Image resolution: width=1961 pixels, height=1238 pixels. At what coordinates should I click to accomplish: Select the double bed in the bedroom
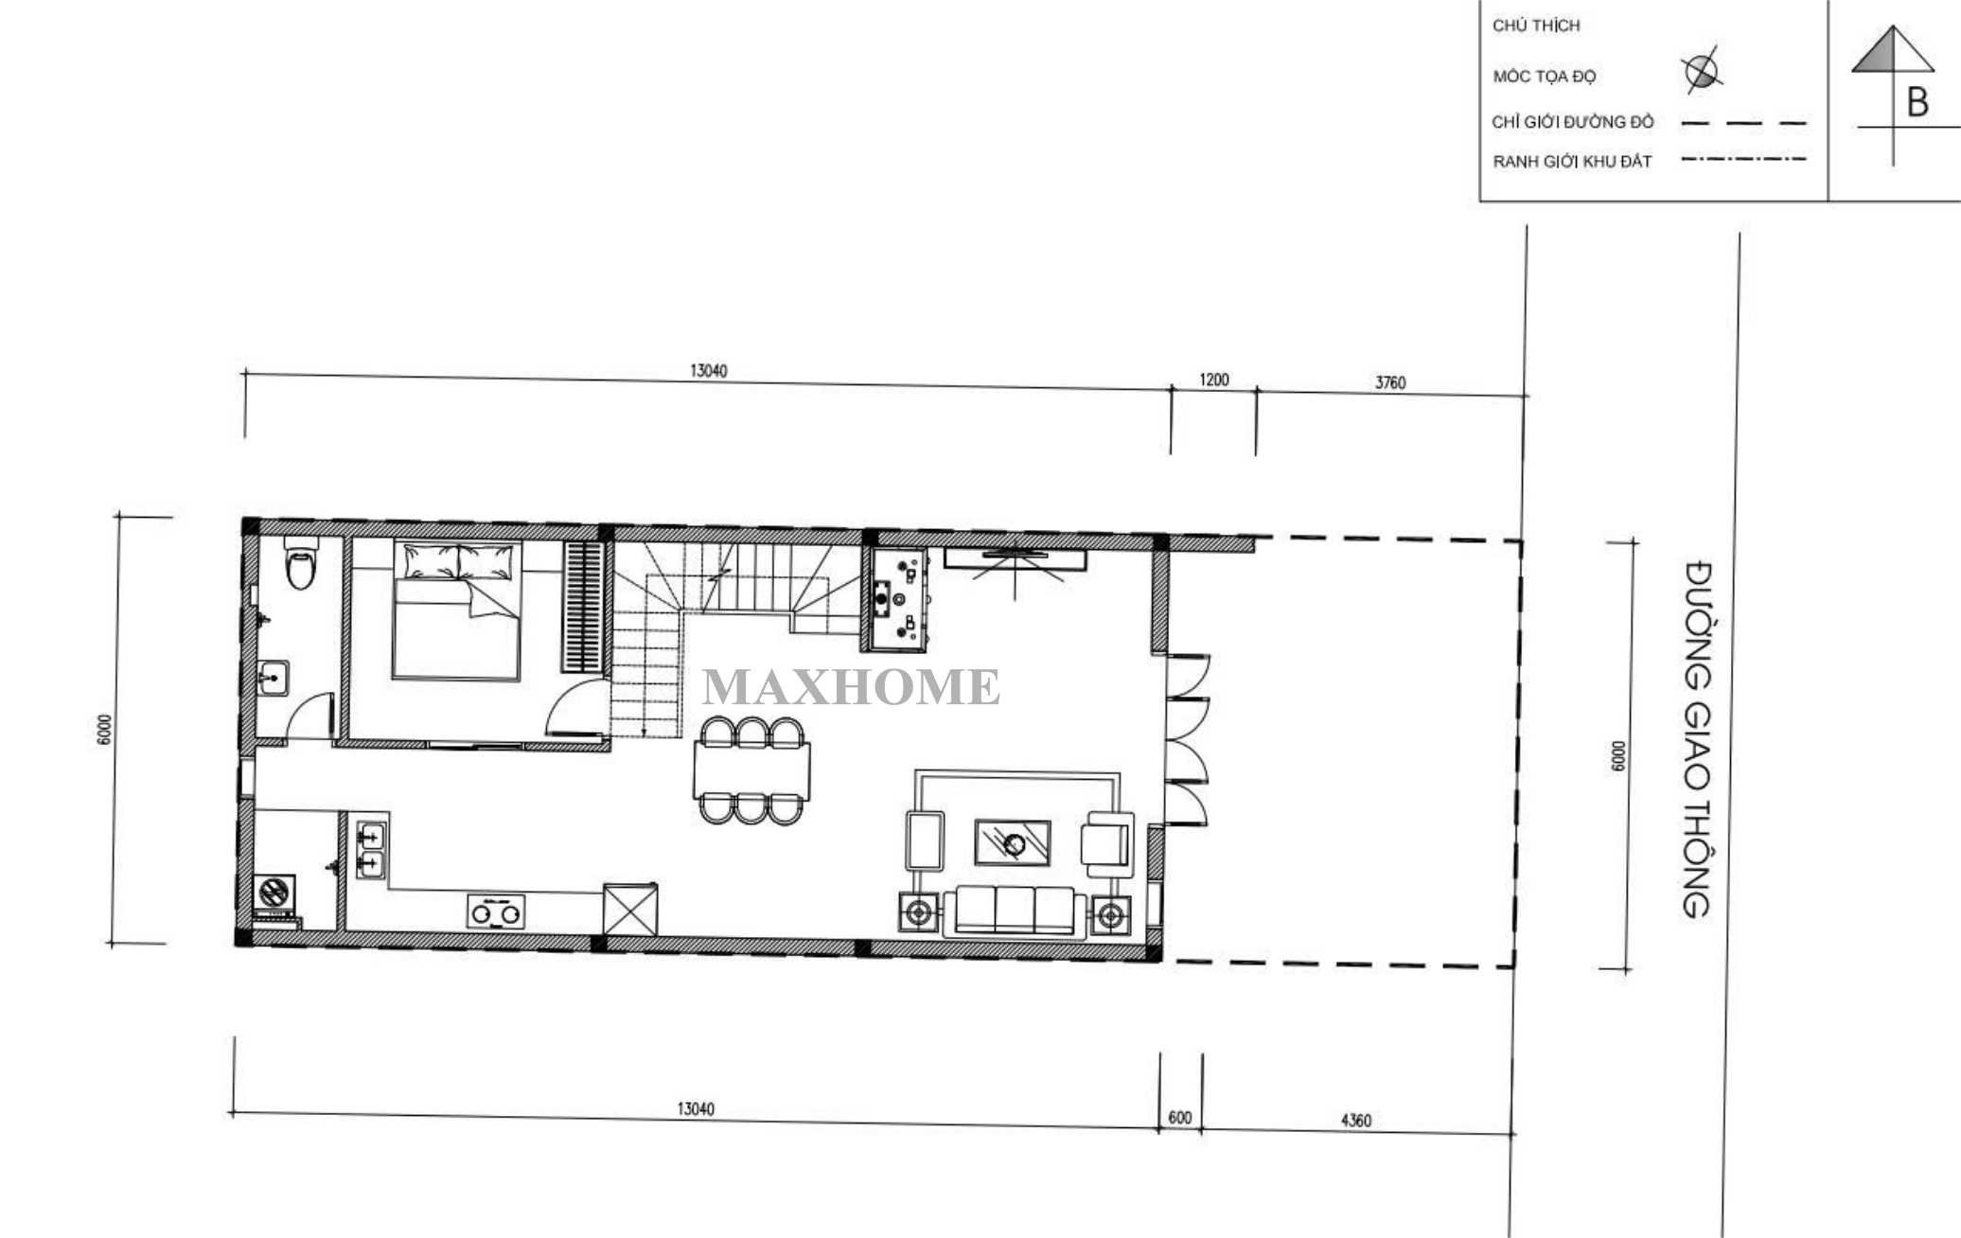457,610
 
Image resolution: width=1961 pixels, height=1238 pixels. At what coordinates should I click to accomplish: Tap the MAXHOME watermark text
850,687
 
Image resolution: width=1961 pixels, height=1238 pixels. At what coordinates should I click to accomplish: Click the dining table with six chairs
751,770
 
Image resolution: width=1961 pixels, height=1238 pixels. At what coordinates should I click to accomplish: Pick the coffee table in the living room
1013,842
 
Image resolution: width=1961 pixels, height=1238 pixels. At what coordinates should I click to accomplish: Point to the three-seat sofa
1015,911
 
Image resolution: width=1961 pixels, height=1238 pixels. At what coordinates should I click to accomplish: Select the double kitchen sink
371,849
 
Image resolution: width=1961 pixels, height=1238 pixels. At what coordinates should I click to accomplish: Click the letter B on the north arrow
1917,102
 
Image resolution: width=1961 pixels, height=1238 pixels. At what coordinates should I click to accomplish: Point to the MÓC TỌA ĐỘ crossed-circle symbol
1702,71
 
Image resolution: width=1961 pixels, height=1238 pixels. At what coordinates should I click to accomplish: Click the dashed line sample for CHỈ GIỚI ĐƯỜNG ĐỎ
1743,123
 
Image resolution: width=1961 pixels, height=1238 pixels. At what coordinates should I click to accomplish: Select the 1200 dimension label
1213,380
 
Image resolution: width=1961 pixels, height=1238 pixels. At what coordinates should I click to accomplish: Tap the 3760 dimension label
1389,382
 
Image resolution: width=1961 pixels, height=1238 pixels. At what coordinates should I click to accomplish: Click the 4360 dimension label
1355,1121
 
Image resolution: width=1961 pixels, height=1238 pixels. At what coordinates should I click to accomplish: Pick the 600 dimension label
1179,1118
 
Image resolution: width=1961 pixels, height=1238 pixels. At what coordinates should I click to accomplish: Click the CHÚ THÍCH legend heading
1536,26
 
